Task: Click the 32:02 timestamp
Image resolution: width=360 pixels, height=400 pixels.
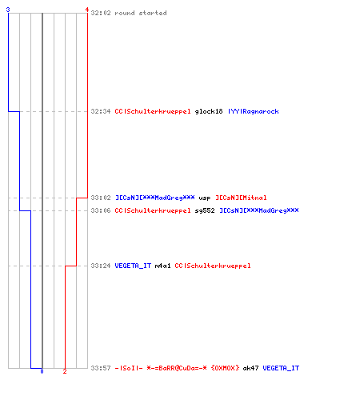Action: (101, 13)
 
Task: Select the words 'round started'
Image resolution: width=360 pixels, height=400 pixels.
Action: (141, 13)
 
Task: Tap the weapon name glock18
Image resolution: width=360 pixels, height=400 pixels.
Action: (209, 111)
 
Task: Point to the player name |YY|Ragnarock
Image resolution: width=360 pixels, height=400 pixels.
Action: (254, 111)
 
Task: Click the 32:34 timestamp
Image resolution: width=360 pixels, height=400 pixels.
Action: (101, 111)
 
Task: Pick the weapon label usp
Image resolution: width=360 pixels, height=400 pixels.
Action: (205, 198)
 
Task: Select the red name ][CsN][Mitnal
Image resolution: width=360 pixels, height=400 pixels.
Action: (241, 198)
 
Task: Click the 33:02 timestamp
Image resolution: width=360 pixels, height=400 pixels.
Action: (101, 198)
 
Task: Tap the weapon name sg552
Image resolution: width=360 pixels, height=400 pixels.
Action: (205, 210)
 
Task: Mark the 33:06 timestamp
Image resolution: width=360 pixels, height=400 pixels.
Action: (101, 210)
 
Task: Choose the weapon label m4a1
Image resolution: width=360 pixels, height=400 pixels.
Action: (162, 266)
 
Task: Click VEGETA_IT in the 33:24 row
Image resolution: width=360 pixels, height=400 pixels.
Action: (133, 266)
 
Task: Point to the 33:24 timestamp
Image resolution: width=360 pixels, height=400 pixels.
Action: (101, 266)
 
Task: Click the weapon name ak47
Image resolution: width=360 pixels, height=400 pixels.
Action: (250, 368)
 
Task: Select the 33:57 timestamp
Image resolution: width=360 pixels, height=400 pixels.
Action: (101, 368)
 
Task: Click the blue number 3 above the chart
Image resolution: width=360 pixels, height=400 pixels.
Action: (8, 10)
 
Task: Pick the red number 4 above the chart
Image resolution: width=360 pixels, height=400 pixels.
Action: (86, 10)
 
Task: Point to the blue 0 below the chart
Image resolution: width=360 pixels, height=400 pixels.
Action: (42, 371)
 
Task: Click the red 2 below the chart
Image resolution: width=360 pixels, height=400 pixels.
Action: (65, 371)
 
